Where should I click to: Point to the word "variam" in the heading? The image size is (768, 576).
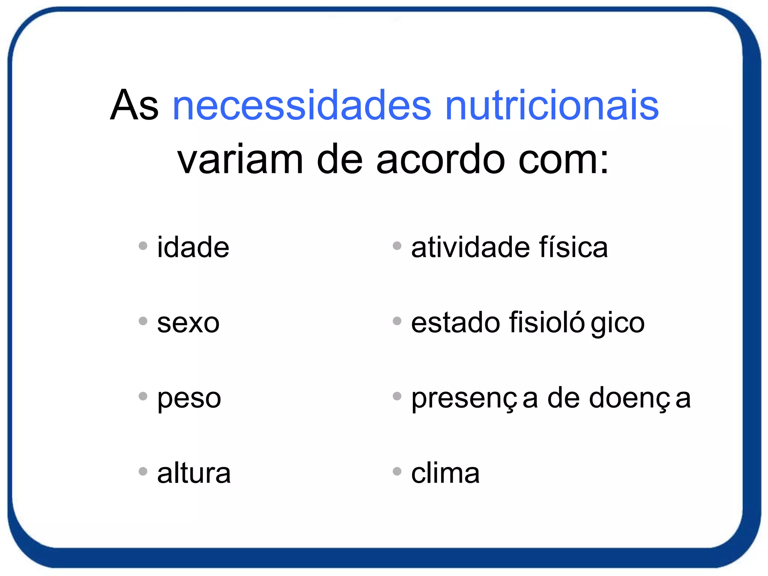[240, 160]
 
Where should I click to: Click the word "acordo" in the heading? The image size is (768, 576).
[440, 160]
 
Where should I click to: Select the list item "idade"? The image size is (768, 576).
[193, 247]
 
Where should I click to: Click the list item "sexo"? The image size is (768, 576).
[188, 323]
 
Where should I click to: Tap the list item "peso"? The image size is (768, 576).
[189, 398]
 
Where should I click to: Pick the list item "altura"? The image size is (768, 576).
[193, 473]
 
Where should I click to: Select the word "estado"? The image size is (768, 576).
[456, 323]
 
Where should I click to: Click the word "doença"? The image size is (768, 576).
[640, 398]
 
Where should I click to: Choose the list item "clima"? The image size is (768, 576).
[445, 473]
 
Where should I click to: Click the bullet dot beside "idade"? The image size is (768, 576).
[143, 246]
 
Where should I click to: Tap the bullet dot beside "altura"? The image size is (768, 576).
[143, 471]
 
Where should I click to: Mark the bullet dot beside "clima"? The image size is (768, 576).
[397, 471]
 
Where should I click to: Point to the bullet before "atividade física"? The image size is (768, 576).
[397, 246]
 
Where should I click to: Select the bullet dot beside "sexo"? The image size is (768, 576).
[143, 321]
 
